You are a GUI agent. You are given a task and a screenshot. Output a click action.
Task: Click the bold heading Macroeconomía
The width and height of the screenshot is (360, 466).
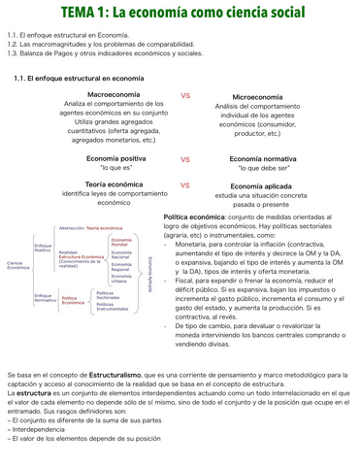pos(114,95)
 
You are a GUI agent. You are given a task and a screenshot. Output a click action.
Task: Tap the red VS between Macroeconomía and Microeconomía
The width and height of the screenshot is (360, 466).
pos(185,95)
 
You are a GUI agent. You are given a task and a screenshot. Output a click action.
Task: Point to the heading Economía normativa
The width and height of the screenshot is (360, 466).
pos(260,158)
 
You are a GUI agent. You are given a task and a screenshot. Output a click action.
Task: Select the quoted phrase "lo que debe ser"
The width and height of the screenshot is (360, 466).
pos(260,169)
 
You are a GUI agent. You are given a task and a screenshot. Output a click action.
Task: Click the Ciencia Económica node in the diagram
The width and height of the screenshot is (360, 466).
pos(18,264)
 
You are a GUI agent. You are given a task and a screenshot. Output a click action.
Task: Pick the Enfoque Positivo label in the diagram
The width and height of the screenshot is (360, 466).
pos(43,249)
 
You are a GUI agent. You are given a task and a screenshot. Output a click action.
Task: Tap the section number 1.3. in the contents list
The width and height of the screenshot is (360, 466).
pos(15,53)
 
